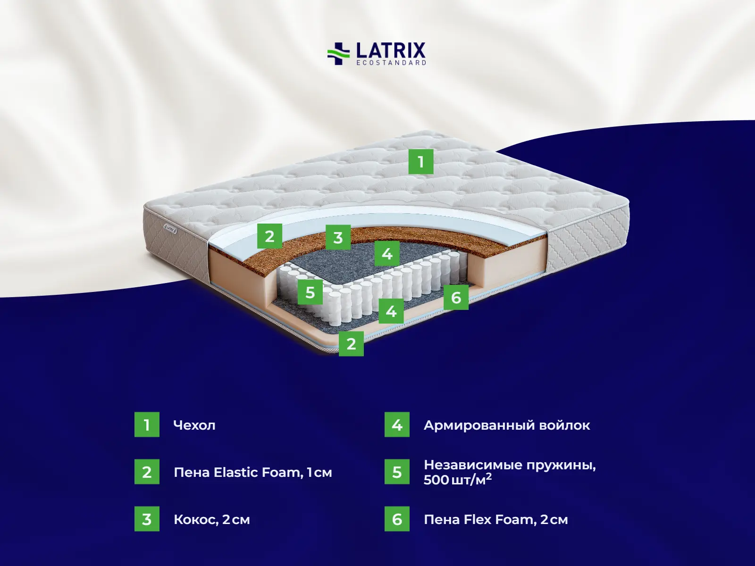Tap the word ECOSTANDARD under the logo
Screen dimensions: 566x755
click(x=391, y=63)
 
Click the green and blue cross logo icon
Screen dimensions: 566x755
click(x=338, y=53)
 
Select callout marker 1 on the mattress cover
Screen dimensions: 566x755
click(x=420, y=162)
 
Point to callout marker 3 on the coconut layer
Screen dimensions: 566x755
click(x=338, y=237)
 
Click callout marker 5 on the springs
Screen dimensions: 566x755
click(x=310, y=292)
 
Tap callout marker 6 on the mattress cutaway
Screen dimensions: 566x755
click(x=456, y=297)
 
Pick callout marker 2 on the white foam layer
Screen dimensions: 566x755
click(x=269, y=236)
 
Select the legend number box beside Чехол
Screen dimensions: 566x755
click(x=147, y=424)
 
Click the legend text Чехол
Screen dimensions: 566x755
click(x=194, y=425)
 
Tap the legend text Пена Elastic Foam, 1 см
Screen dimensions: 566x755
click(x=253, y=472)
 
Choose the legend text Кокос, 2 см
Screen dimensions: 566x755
click(x=212, y=519)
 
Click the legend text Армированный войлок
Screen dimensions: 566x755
click(x=507, y=425)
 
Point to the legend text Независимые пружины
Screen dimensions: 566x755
click(x=510, y=465)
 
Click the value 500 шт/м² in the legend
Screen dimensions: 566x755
click(x=458, y=480)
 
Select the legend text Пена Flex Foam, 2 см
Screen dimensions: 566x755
click(x=496, y=519)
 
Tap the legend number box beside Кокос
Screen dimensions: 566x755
click(x=147, y=519)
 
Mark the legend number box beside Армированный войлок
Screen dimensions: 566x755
click(x=397, y=424)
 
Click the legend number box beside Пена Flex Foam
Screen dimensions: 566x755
click(x=397, y=519)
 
